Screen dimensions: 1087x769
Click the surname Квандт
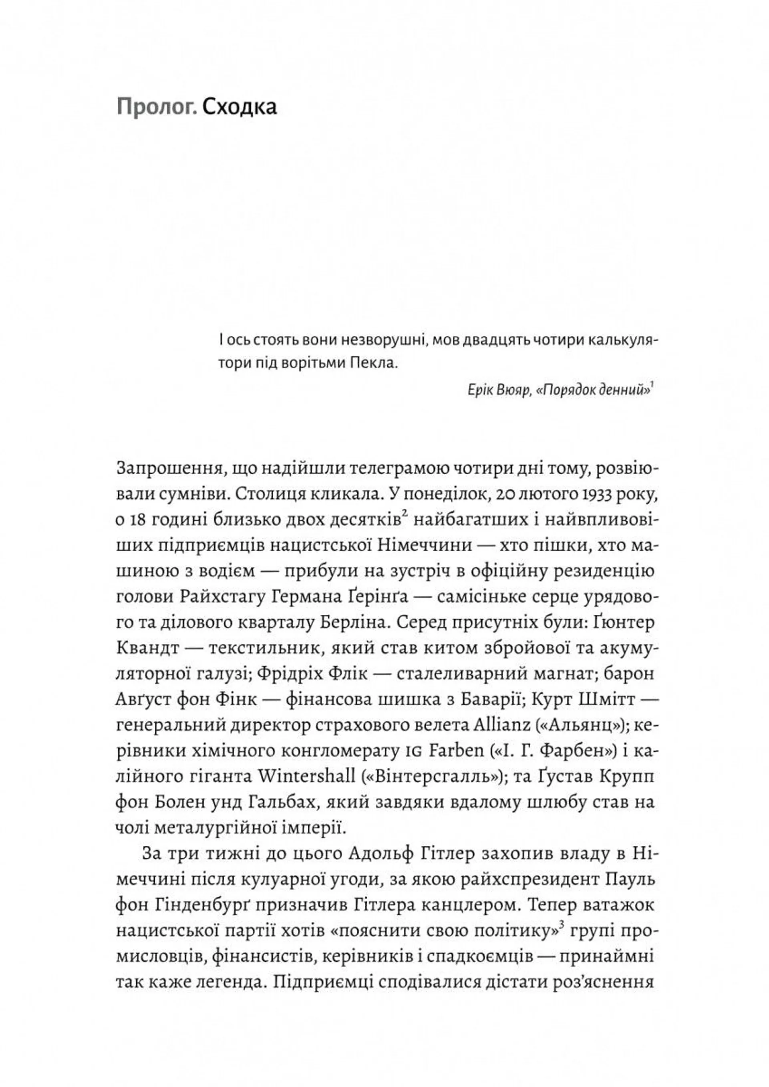(148, 648)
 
